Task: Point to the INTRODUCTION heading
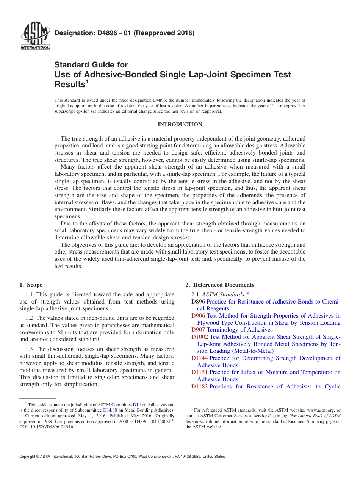pos(180,124)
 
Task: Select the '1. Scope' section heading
pos(31,285)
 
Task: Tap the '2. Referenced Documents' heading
pos(220,285)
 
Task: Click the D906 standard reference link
pos(198,316)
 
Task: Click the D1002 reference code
pos(200,337)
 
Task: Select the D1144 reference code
pos(199,358)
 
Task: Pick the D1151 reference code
pos(199,372)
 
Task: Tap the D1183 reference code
pos(199,387)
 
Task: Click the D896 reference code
pos(198,302)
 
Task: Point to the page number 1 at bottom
pos(180,466)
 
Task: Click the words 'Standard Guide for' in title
pos(91,65)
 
